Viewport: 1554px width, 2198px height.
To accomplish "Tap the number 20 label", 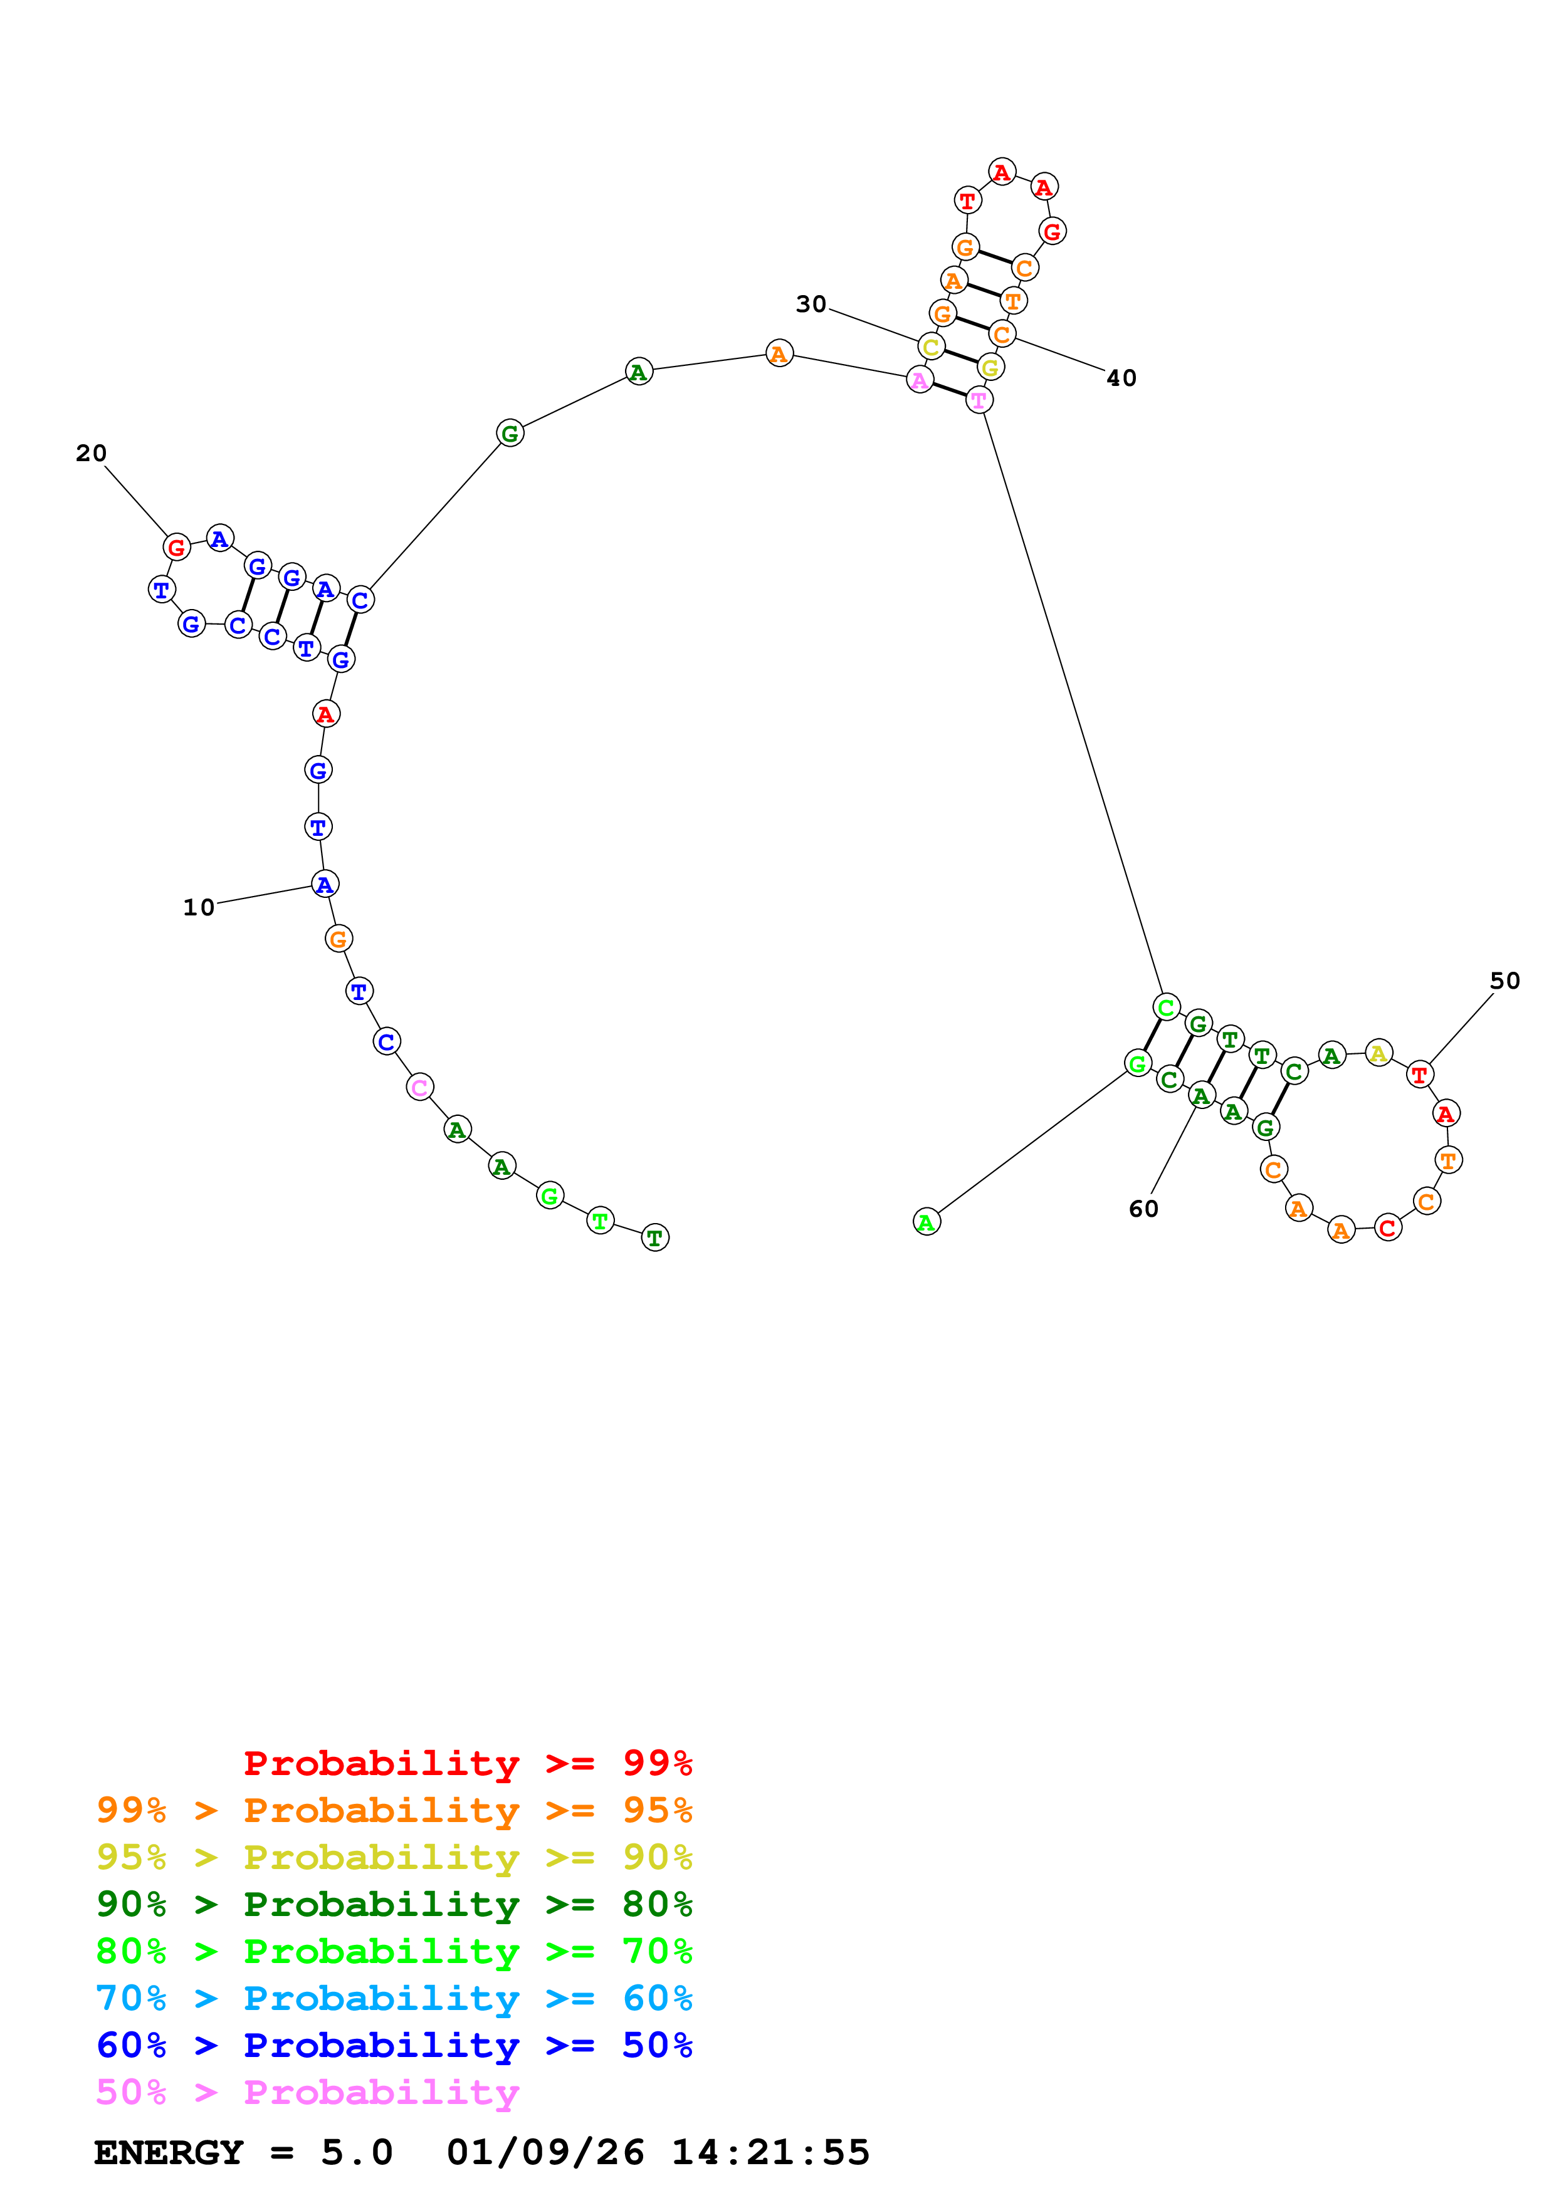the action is tap(91, 453).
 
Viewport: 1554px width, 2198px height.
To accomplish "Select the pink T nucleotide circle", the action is tap(977, 400).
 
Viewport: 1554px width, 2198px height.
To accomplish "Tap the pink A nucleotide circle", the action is tap(919, 380).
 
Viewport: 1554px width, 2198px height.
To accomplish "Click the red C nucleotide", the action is tap(1387, 1227).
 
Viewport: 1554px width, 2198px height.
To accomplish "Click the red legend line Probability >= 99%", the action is tap(467, 1763).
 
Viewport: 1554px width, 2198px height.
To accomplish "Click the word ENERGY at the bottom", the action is tap(169, 2152).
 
